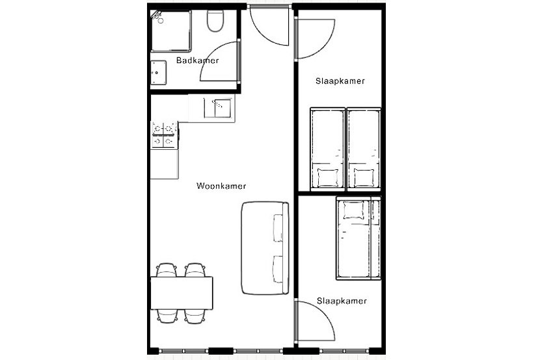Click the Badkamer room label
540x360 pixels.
[x=197, y=61]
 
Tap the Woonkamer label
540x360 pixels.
[x=221, y=186]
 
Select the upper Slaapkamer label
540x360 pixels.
[x=339, y=81]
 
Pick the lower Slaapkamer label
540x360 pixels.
[x=341, y=301]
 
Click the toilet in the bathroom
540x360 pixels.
[x=214, y=23]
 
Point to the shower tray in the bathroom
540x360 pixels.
[x=172, y=32]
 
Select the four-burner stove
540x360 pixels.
[x=164, y=134]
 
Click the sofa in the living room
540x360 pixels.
[x=264, y=247]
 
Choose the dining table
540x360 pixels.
[x=182, y=293]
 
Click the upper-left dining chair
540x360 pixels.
[x=167, y=270]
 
